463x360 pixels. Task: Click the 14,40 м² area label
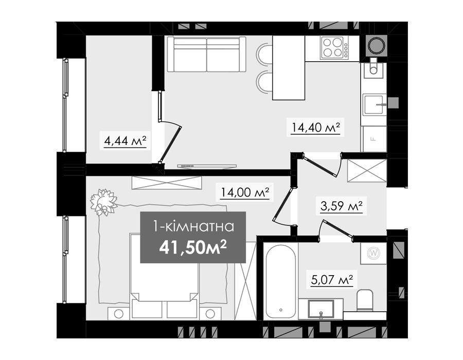pos(316,128)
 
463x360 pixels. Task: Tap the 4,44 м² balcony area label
pos(125,141)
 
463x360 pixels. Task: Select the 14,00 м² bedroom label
pos(245,193)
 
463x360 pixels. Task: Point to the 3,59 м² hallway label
pos(342,206)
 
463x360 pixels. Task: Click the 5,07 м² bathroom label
pos(332,279)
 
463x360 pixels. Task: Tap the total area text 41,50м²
pos(193,248)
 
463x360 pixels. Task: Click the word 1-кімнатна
pos(193,227)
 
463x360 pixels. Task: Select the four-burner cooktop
pos(334,47)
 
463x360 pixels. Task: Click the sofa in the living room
pos(206,55)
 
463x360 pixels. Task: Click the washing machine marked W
pos(373,253)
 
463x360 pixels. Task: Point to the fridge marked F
pos(374,139)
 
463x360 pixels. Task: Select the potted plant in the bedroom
pos(103,203)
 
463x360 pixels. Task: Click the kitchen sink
pos(375,104)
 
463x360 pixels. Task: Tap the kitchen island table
pos(289,68)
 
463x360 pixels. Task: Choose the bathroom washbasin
pos(320,309)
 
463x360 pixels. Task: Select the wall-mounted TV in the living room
pos(207,167)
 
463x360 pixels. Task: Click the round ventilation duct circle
pos(376,45)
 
